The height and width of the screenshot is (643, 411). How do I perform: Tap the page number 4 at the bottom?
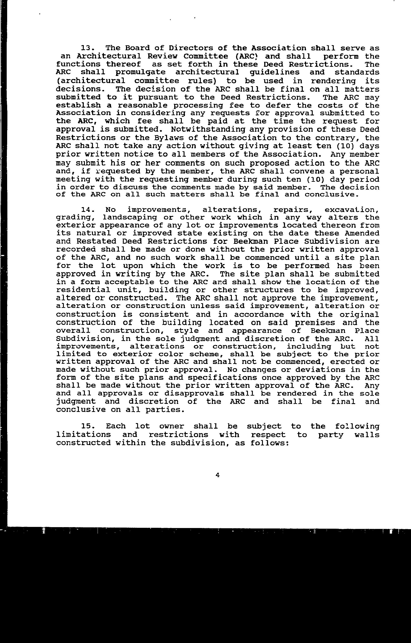[x=218, y=475]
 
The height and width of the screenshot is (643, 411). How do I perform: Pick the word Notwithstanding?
[x=208, y=129]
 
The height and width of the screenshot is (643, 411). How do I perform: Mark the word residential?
[x=83, y=290]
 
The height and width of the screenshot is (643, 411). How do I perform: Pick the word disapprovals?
[x=194, y=394]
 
